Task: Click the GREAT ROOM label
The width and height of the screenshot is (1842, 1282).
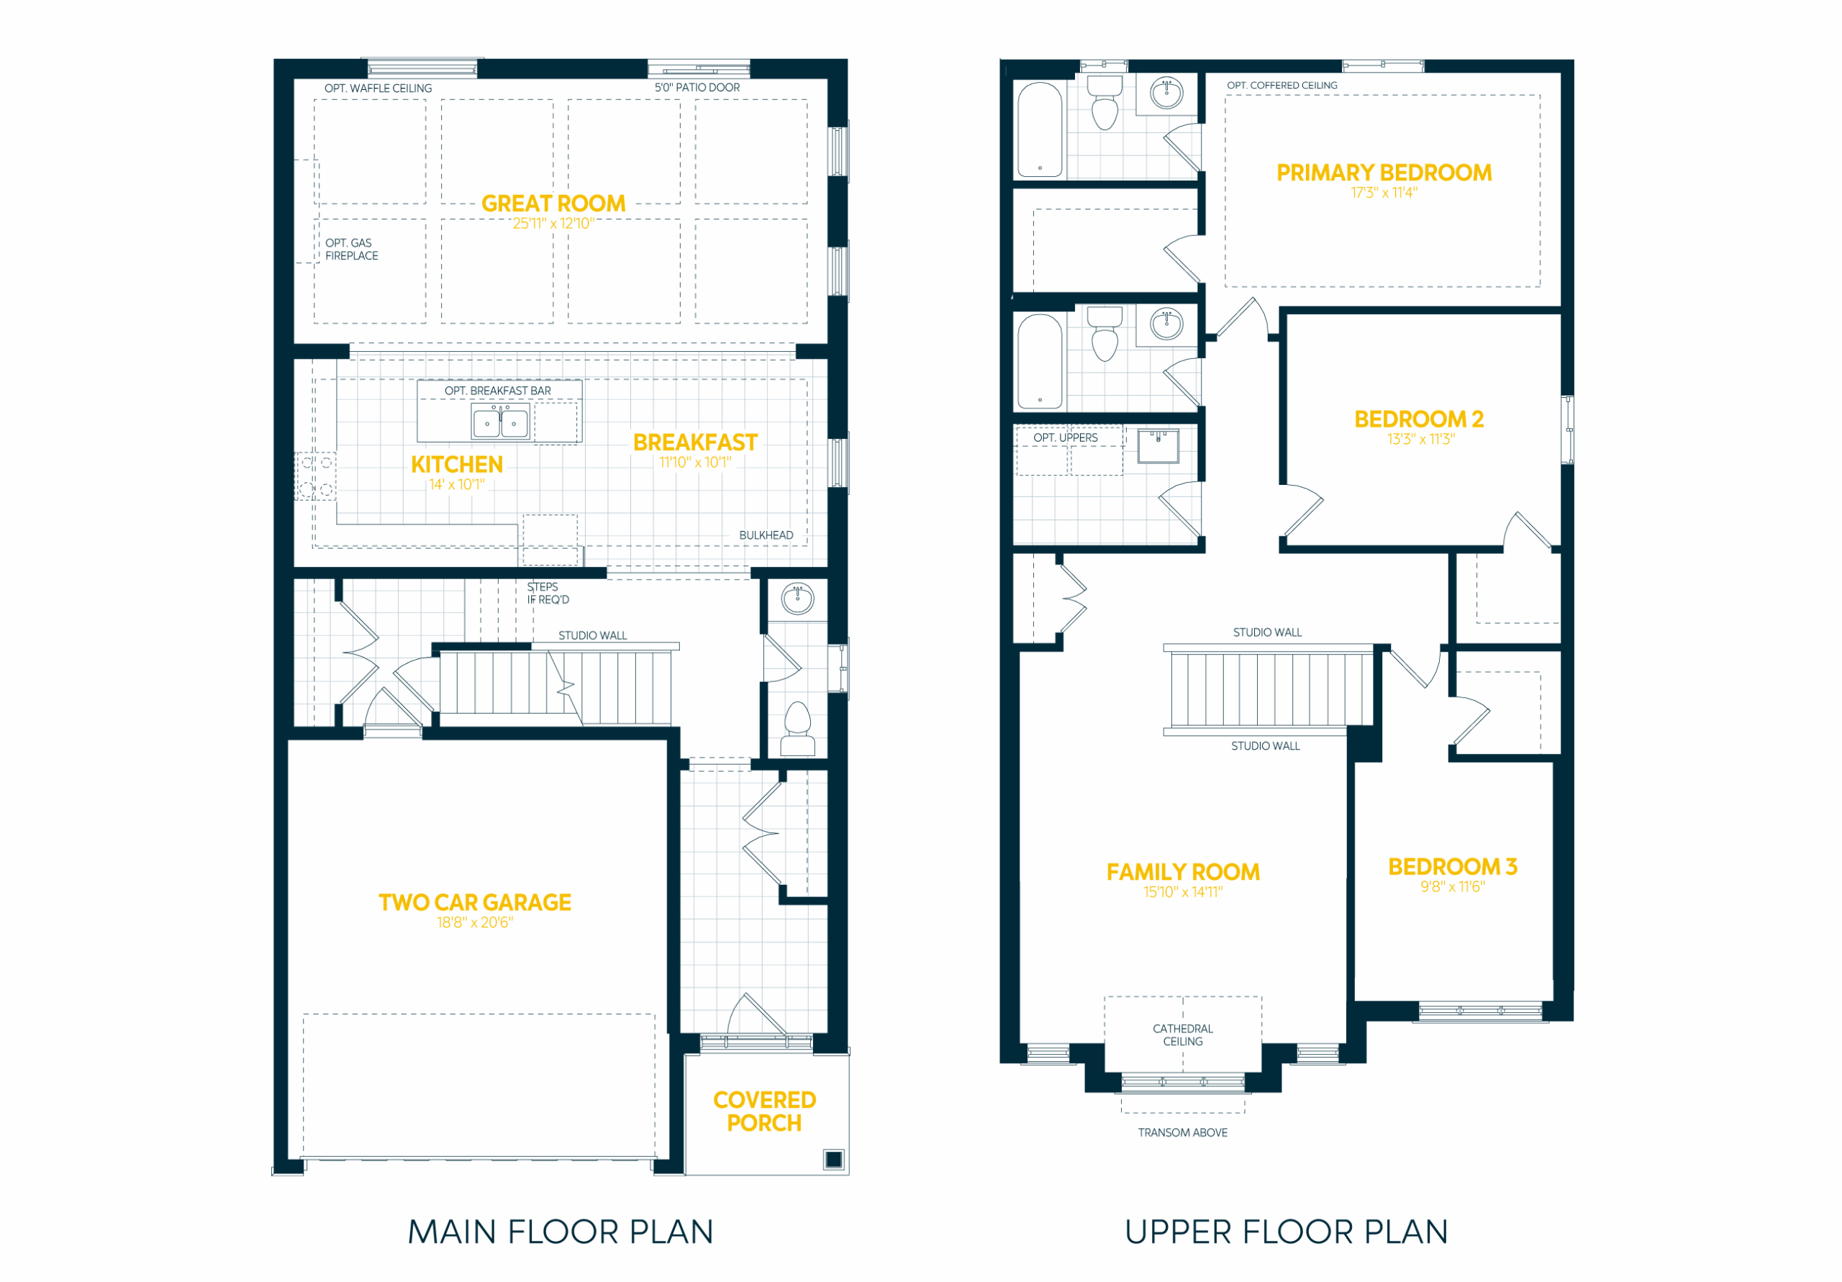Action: (x=553, y=204)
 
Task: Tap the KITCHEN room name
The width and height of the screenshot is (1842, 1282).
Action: (x=456, y=465)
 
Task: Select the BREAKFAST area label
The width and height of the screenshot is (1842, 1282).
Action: (x=695, y=443)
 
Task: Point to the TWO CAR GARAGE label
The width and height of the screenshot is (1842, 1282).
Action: (x=475, y=903)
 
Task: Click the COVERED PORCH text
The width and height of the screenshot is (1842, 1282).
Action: (x=765, y=1111)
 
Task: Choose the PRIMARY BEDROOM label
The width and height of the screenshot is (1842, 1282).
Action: (x=1384, y=173)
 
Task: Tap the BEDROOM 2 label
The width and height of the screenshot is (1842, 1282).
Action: (x=1418, y=419)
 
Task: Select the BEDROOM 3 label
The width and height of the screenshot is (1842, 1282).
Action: (x=1452, y=866)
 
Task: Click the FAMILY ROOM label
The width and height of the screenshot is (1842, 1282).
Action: (x=1182, y=872)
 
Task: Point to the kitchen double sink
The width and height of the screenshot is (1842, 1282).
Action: (x=501, y=421)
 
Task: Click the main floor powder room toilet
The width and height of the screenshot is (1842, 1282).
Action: (x=797, y=729)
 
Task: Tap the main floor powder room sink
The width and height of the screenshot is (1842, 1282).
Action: (x=797, y=599)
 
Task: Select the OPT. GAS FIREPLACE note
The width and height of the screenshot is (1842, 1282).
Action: (x=351, y=250)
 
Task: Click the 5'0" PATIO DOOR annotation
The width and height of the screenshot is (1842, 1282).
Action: (x=697, y=88)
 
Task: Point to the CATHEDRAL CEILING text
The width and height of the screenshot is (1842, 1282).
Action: (x=1182, y=1035)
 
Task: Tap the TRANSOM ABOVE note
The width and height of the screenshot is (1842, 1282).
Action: (x=1182, y=1133)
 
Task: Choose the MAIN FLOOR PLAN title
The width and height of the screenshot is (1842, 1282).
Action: (x=560, y=1232)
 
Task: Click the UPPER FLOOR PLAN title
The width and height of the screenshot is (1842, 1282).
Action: (x=1286, y=1232)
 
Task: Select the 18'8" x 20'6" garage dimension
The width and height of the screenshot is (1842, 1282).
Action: (x=475, y=922)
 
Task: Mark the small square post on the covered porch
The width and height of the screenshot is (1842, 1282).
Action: (x=833, y=1159)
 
